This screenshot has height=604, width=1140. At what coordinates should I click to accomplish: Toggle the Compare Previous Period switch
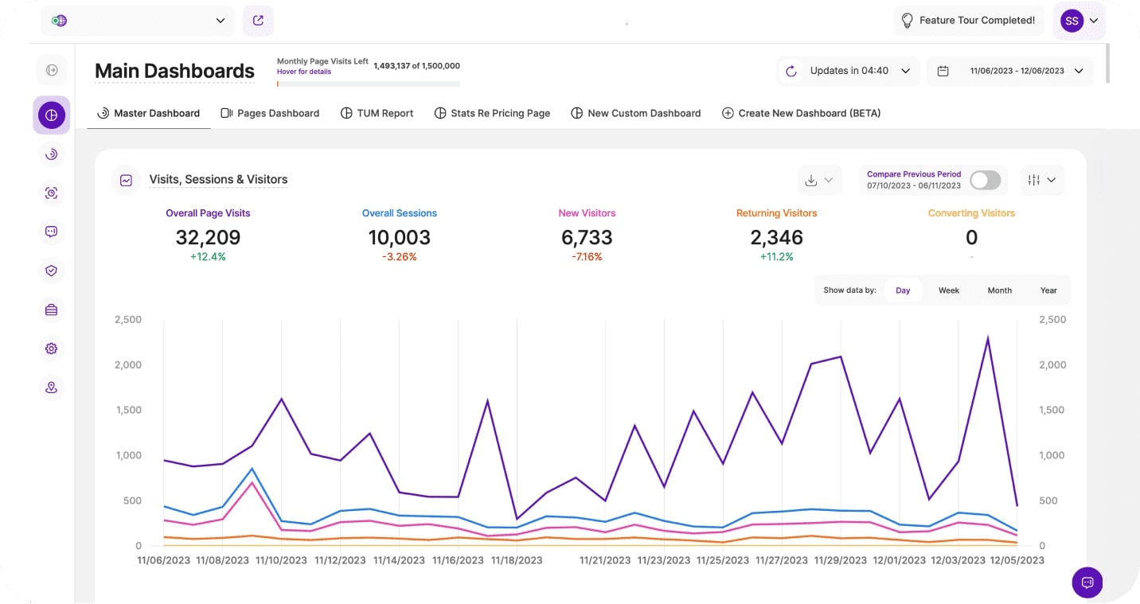coord(985,180)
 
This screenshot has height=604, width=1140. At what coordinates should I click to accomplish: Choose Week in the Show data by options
coord(948,290)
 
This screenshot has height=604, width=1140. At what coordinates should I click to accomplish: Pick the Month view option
coord(999,290)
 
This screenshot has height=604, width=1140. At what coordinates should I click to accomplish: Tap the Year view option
coord(1048,290)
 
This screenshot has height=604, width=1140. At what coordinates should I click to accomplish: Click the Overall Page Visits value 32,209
coord(208,237)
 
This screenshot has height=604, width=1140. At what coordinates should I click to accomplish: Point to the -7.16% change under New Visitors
coord(587,257)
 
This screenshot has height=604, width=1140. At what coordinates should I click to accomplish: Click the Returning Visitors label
coord(776,213)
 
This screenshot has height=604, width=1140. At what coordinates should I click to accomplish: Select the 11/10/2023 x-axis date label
coord(281,560)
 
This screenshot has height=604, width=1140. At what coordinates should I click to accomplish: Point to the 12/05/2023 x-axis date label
coord(1017,560)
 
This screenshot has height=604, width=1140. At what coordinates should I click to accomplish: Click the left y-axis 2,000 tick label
coord(128,364)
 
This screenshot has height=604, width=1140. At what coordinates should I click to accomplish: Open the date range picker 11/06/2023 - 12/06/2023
coord(1009,71)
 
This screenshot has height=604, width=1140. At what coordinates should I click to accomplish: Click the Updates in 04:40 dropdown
coord(849,71)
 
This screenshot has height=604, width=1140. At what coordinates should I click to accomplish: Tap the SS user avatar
coord(1072,21)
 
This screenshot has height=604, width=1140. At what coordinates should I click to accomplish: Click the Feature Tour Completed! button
coord(968,21)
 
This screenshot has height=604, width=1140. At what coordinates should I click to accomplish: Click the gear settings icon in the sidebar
coord(52,349)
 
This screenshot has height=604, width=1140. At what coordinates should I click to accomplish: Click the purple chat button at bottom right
coord(1087,582)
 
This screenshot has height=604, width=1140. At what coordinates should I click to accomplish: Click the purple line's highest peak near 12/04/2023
coord(988,338)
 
